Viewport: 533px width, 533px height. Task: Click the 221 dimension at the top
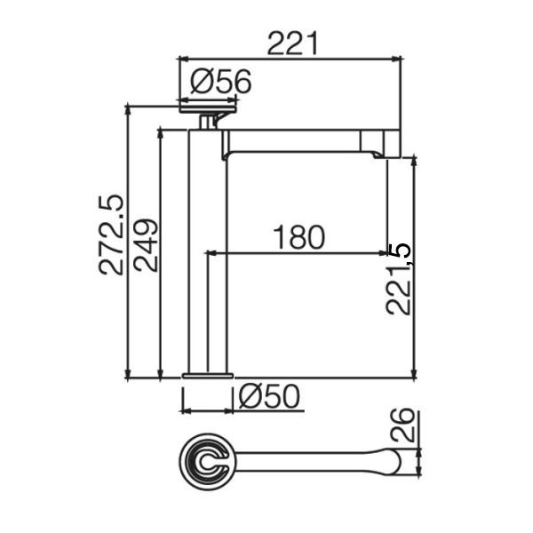[292, 44]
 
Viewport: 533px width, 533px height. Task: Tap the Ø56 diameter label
[221, 82]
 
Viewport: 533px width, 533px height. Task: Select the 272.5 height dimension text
[110, 235]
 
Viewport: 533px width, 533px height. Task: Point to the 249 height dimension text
[146, 245]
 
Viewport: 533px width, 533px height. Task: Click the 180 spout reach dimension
[299, 237]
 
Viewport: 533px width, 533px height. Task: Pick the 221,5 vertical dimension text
[398, 280]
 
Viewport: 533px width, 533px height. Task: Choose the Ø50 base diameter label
[269, 396]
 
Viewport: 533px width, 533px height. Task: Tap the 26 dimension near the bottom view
[403, 425]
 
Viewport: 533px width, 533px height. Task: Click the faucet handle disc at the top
[208, 109]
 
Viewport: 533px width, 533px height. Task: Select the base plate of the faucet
[208, 376]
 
